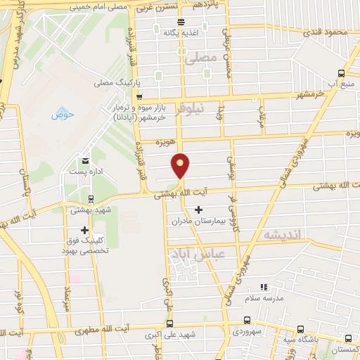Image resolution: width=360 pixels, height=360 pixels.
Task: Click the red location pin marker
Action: coord(181,166)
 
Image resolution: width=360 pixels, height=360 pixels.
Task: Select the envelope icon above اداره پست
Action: coord(85,161)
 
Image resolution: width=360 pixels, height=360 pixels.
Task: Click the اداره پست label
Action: coord(85,172)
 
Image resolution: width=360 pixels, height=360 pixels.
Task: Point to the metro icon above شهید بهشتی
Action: coord(91,199)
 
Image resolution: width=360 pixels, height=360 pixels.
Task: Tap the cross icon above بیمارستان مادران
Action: coord(199,210)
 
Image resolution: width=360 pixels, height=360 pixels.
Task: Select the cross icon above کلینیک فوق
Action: coord(85,229)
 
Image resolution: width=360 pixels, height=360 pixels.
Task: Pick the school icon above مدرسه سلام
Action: coord(264,287)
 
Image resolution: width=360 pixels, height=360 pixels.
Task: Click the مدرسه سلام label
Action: coord(264,297)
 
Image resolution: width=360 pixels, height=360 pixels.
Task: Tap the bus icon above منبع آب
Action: coord(341,72)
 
